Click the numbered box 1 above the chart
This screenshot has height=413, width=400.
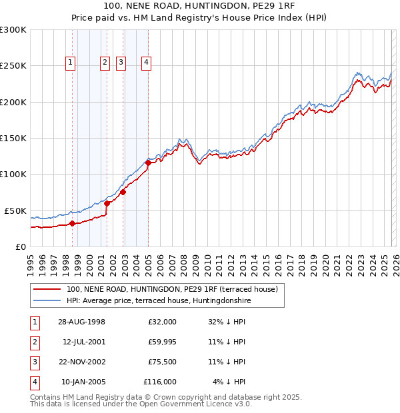pos(71,63)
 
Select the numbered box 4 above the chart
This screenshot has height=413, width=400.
pos(146,63)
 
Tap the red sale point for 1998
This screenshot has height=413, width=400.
pos(72,223)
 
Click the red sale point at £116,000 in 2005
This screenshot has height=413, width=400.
pos(148,163)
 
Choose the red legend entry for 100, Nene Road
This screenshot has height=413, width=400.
pos(175,290)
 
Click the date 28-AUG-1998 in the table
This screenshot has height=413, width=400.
pos(81,322)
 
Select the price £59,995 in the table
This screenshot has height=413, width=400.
pos(162,342)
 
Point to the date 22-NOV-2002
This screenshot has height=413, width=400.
pos(81,362)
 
